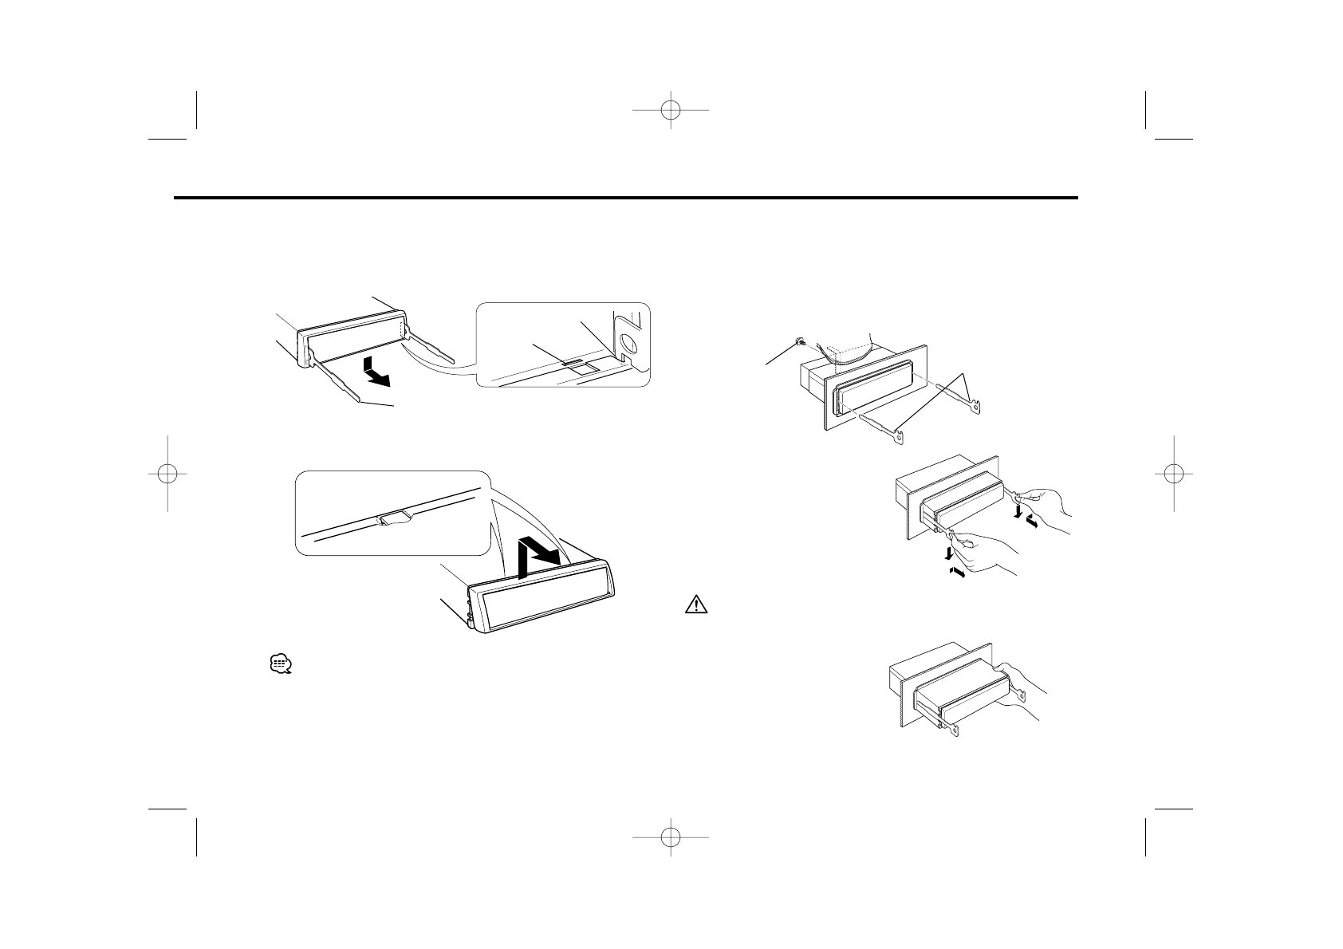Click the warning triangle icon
696,605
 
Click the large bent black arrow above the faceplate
536,559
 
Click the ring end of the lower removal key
899,438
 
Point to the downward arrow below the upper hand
1017,510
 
